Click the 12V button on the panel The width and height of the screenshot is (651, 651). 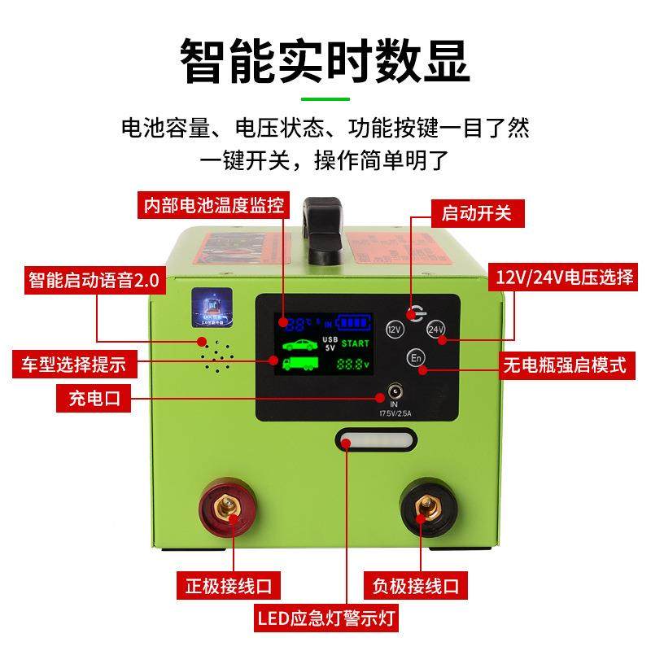tap(395, 330)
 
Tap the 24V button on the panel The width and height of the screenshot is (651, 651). tap(435, 330)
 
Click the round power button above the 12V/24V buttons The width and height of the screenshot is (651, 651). tap(415, 311)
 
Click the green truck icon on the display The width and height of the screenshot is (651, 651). tap(301, 364)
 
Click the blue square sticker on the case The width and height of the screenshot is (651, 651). tap(212, 309)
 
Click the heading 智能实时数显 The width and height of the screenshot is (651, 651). tap(325, 59)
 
